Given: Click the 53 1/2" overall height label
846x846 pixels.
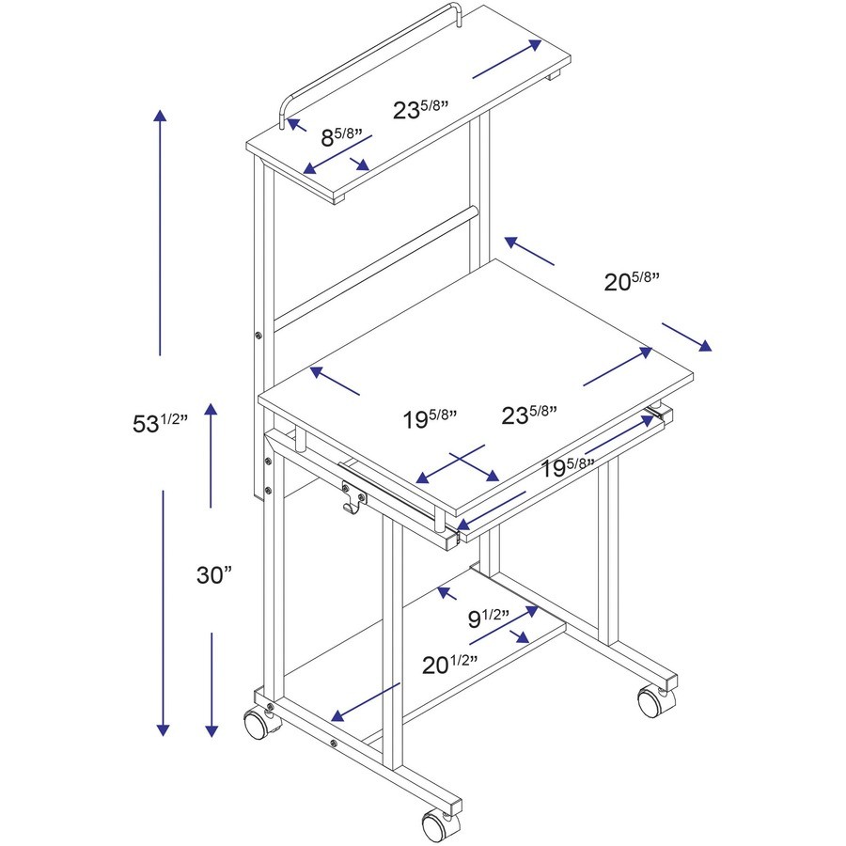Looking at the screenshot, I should click(x=161, y=423).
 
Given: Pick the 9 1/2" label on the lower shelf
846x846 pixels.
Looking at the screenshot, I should click(x=489, y=618).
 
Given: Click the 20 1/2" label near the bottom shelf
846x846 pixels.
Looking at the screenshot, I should click(x=450, y=666).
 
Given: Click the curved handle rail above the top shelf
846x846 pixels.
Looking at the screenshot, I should click(x=367, y=56).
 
